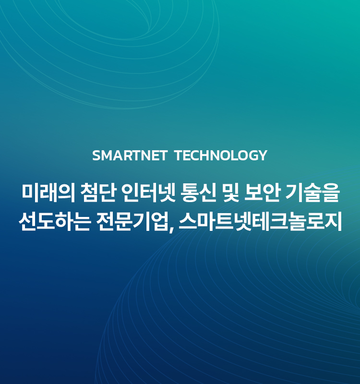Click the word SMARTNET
[x=130, y=156]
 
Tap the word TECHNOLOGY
[x=221, y=156]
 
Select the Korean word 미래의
[x=48, y=193]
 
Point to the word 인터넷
[x=148, y=193]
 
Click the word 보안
[x=262, y=193]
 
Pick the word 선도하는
[x=54, y=221]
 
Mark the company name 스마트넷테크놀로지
[x=260, y=221]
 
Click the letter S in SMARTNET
[x=97, y=156]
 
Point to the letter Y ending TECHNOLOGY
[x=263, y=156]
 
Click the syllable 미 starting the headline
[x=30, y=193]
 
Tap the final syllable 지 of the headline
[x=333, y=221]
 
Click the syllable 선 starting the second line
[x=27, y=221]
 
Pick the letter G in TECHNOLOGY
[x=252, y=156]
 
